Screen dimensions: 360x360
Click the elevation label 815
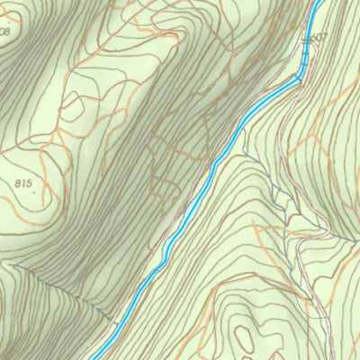pyautogui.click(x=24, y=183)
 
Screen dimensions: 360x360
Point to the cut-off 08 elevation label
pyautogui.click(x=5, y=31)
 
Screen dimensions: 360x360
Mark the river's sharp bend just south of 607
pyautogui.click(x=298, y=78)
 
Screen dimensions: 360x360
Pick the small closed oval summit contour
pyautogui.click(x=243, y=338)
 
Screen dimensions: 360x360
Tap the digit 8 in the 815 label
pyautogui.click(x=18, y=183)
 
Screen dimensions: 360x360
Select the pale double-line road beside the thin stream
pyautogui.click(x=310, y=270)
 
